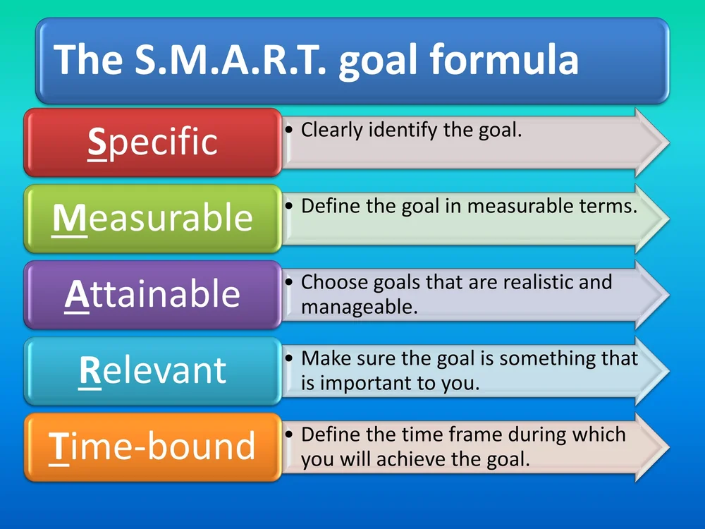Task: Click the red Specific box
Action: coord(153,142)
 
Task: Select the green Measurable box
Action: coord(153,219)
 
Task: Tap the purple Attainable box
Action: coord(153,295)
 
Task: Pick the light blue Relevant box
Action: coord(153,371)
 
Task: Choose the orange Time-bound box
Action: coord(153,447)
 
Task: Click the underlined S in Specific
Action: coord(97,142)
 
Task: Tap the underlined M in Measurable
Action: coord(69,219)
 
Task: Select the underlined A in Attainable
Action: coord(77,295)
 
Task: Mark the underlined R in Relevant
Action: coord(90,372)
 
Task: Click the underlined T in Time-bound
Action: coord(59,448)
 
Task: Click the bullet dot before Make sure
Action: coord(289,358)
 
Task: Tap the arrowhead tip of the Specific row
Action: coord(669,142)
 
